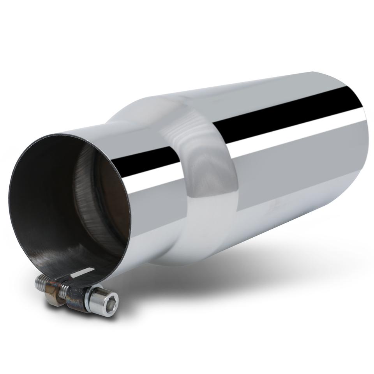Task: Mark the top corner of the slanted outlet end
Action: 312,73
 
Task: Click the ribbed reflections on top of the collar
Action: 187,125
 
